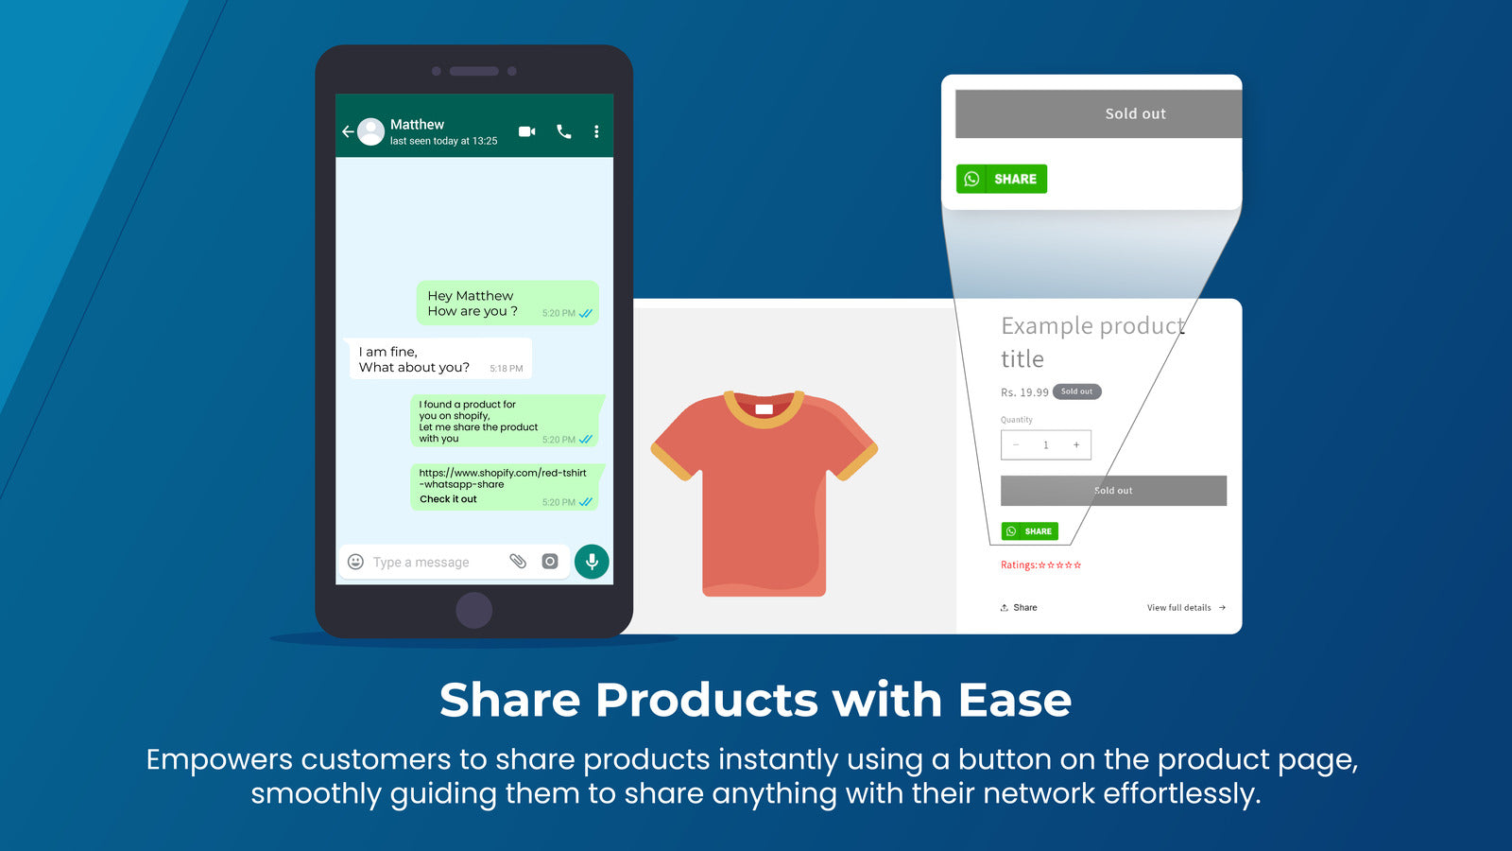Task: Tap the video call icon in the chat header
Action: tap(527, 131)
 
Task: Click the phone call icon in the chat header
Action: tap(564, 131)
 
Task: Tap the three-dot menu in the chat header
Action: tap(596, 131)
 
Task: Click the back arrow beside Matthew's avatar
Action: tap(348, 131)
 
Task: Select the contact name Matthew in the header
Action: tap(417, 124)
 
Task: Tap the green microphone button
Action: tap(592, 562)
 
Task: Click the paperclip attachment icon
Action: tap(518, 562)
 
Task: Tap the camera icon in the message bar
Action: tap(550, 562)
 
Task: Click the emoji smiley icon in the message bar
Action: tap(355, 562)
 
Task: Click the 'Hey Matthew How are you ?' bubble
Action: tap(507, 303)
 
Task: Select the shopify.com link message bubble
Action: tap(506, 486)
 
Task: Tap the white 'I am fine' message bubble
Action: tap(438, 358)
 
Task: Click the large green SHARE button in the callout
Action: tap(1002, 179)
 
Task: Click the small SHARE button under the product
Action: tap(1030, 531)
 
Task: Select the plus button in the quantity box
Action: tap(1076, 444)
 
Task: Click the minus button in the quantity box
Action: tap(1016, 444)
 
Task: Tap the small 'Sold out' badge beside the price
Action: tap(1076, 391)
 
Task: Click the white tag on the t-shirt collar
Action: tap(765, 409)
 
